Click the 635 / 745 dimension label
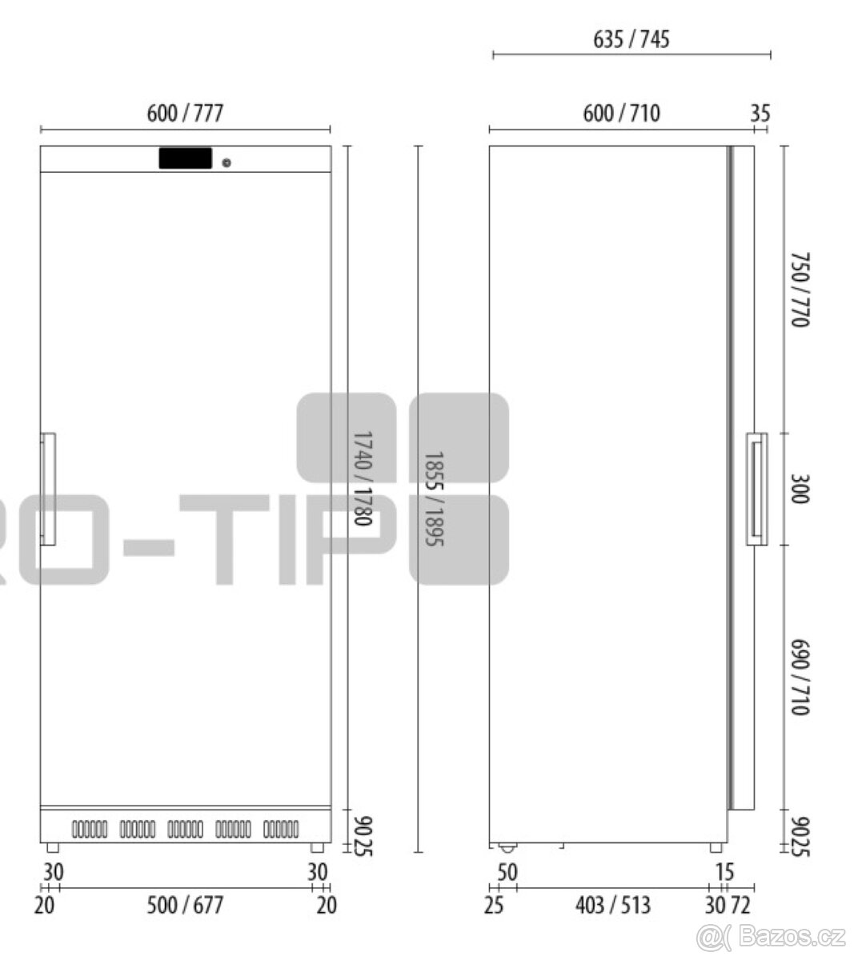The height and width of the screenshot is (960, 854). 631,39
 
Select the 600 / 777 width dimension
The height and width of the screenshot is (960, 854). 185,114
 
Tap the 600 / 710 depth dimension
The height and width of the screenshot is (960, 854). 621,114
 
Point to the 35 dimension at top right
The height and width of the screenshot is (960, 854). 760,114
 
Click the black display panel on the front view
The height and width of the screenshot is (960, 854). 186,158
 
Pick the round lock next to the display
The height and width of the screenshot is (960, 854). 227,163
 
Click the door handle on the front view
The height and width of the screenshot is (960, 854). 48,489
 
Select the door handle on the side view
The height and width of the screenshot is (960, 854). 757,489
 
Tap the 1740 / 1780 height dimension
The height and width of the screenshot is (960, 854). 363,478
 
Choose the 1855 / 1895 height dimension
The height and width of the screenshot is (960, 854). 433,499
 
